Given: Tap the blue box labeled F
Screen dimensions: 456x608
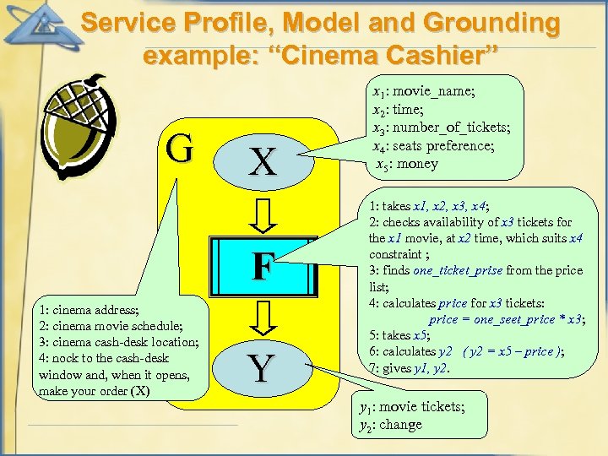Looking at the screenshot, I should click(263, 267).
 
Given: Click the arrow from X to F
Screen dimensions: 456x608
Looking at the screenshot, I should click(263, 214).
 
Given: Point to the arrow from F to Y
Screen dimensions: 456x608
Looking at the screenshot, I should click(263, 317).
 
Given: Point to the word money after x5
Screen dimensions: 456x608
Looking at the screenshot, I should click(418, 164).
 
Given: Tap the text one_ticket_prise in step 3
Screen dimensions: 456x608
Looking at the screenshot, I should click(458, 270).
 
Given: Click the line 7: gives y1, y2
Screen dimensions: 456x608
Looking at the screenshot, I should click(410, 367).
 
